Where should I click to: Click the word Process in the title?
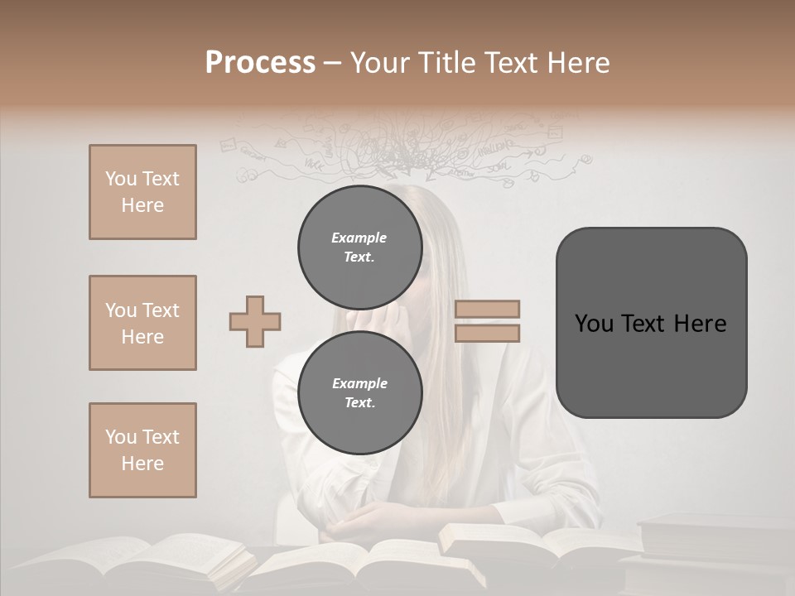pyautogui.click(x=260, y=63)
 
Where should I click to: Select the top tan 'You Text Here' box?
pyautogui.click(x=142, y=192)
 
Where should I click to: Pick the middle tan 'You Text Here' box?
pyautogui.click(x=142, y=323)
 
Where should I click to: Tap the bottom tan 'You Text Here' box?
pyautogui.click(x=142, y=450)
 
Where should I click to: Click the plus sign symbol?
pyautogui.click(x=255, y=321)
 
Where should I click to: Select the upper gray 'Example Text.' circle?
pyautogui.click(x=359, y=248)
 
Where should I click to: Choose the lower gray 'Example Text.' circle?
pyautogui.click(x=359, y=393)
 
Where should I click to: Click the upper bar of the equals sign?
pyautogui.click(x=487, y=309)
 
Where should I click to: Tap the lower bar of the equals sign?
pyautogui.click(x=487, y=334)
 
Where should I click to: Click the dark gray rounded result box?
pyautogui.click(x=651, y=323)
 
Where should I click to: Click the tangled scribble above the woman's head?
pyautogui.click(x=406, y=153)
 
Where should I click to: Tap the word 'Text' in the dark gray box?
pyautogui.click(x=650, y=324)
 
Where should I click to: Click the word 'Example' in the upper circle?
pyautogui.click(x=359, y=238)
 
